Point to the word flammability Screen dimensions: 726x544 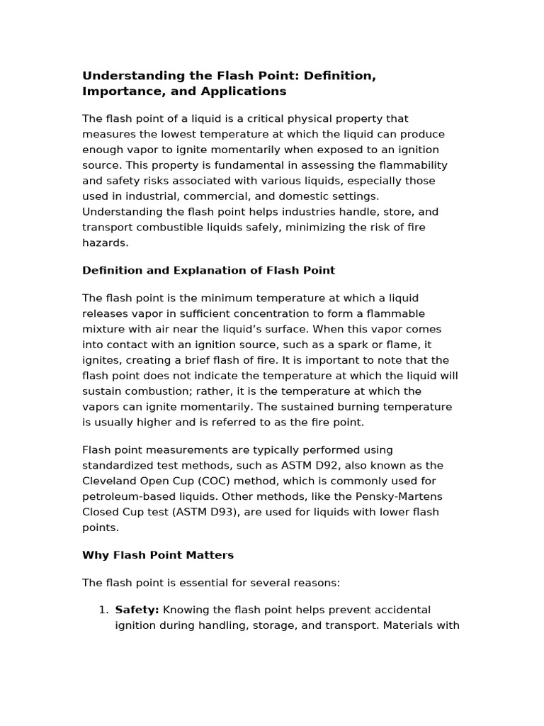[x=412, y=165]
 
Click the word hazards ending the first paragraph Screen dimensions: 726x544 [x=105, y=243]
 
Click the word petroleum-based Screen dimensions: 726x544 [x=125, y=496]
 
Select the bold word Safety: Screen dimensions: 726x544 [x=137, y=610]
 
